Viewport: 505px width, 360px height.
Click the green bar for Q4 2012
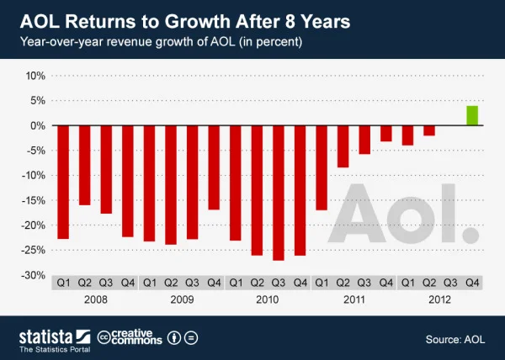pyautogui.click(x=472, y=115)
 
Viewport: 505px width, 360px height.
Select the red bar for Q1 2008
pyautogui.click(x=62, y=182)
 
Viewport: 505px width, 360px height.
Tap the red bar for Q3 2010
pyautogui.click(x=279, y=193)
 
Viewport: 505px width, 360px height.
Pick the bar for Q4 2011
pyautogui.click(x=385, y=133)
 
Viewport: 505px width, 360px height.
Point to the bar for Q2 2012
pyautogui.click(x=429, y=130)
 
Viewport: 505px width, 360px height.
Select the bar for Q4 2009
pyautogui.click(x=214, y=167)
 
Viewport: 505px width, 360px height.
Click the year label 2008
pyautogui.click(x=94, y=299)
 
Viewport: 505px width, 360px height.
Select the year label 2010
pyautogui.click(x=267, y=299)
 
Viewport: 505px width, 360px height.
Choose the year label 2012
pyautogui.click(x=439, y=299)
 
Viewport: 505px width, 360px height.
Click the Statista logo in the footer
pyautogui.click(x=49, y=338)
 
